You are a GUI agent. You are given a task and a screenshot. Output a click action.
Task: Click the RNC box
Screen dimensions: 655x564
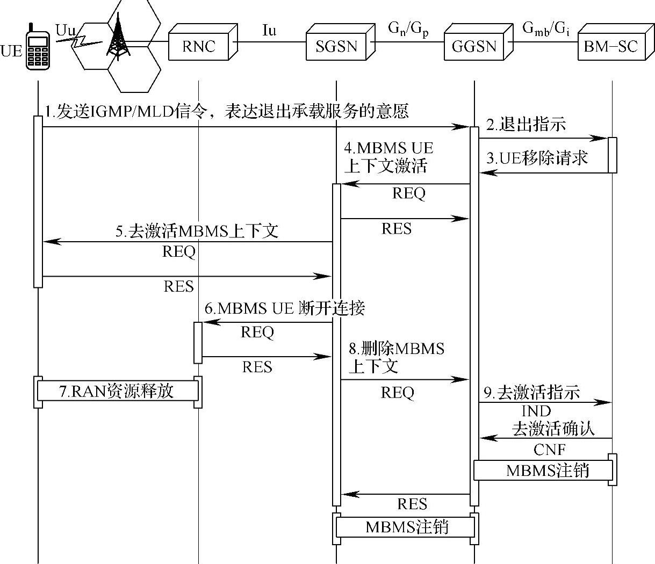click(203, 42)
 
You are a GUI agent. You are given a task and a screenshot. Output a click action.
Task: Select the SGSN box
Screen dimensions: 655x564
click(341, 42)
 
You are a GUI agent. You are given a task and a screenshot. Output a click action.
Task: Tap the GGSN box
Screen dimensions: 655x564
click(479, 42)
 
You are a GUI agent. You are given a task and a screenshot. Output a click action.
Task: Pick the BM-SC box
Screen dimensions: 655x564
click(615, 42)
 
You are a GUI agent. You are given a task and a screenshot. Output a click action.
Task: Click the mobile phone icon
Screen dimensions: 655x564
click(38, 46)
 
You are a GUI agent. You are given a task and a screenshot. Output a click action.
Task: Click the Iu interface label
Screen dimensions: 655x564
click(269, 31)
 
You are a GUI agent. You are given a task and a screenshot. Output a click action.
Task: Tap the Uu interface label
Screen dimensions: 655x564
click(66, 31)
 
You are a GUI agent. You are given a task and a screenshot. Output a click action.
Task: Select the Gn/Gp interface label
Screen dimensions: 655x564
click(408, 30)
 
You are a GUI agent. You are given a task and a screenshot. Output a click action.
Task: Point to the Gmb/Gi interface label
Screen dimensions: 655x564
click(546, 29)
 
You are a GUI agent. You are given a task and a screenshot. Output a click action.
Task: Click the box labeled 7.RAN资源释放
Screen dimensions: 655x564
click(118, 391)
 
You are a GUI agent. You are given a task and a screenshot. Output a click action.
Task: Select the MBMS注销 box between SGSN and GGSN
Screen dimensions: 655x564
click(405, 527)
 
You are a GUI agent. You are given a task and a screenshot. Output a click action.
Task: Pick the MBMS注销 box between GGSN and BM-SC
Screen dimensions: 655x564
click(543, 471)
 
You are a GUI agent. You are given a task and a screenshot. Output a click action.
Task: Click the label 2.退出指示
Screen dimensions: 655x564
click(526, 124)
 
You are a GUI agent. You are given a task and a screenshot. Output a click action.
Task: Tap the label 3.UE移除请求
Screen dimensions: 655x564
click(537, 158)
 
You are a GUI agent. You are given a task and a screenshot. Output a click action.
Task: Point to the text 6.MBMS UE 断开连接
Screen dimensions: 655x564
click(285, 308)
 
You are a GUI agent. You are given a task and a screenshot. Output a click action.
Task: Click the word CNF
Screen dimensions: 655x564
click(550, 450)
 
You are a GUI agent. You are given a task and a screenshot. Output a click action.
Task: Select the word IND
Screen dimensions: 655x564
click(536, 411)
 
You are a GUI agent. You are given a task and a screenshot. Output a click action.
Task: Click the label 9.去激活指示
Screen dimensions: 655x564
click(532, 392)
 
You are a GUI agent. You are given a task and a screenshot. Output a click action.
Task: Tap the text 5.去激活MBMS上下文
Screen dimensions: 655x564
click(197, 230)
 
